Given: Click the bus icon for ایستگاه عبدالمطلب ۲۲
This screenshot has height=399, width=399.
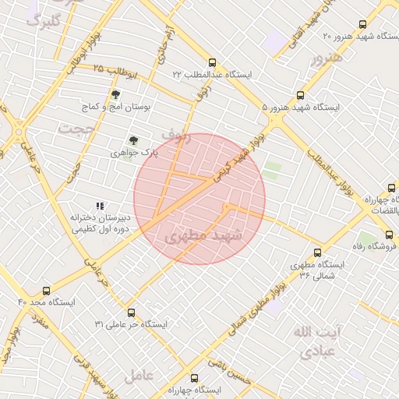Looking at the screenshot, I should [x=212, y=62].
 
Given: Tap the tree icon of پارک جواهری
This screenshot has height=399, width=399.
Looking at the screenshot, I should [x=133, y=141].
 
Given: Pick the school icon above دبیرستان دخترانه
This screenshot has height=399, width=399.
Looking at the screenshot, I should [x=99, y=206].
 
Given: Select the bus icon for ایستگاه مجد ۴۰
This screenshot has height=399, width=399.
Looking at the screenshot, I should [x=47, y=291].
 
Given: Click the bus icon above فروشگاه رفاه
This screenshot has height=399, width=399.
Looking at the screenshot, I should [x=389, y=235].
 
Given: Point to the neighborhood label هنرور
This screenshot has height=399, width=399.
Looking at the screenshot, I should [x=325, y=58].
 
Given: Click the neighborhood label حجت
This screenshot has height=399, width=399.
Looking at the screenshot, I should [x=76, y=127].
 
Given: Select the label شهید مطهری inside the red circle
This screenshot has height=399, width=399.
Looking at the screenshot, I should [x=204, y=235].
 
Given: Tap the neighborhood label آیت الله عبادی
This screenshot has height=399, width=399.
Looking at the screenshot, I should [x=317, y=341].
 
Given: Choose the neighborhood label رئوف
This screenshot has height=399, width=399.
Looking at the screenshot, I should [x=176, y=136].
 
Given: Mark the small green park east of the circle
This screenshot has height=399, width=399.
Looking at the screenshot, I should [x=272, y=171].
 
